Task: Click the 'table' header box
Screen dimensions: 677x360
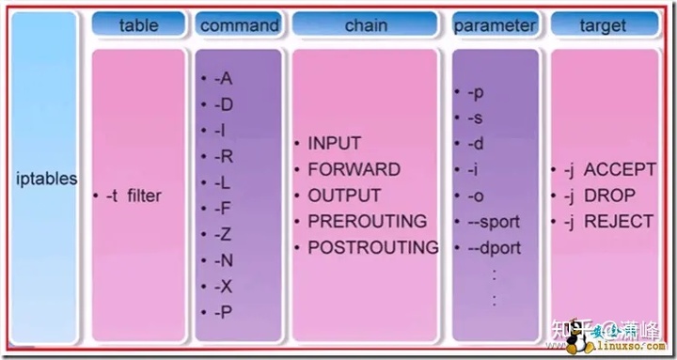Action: pyautogui.click(x=138, y=24)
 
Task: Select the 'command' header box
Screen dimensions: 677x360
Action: pyautogui.click(x=239, y=24)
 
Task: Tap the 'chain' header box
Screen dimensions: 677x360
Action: pyautogui.click(x=366, y=24)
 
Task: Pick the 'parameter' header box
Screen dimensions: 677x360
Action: pyautogui.click(x=496, y=24)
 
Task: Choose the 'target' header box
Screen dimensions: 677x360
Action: pyautogui.click(x=603, y=24)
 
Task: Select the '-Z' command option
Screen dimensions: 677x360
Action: pyautogui.click(x=224, y=234)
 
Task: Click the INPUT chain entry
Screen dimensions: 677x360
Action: pyautogui.click(x=335, y=144)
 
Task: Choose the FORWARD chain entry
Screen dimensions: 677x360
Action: pyautogui.click(x=354, y=170)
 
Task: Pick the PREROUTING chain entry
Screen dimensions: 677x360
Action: pyautogui.click(x=367, y=222)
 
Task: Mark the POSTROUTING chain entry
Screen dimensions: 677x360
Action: pyautogui.click(x=372, y=248)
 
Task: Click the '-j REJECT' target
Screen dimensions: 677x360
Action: pyautogui.click(x=607, y=222)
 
